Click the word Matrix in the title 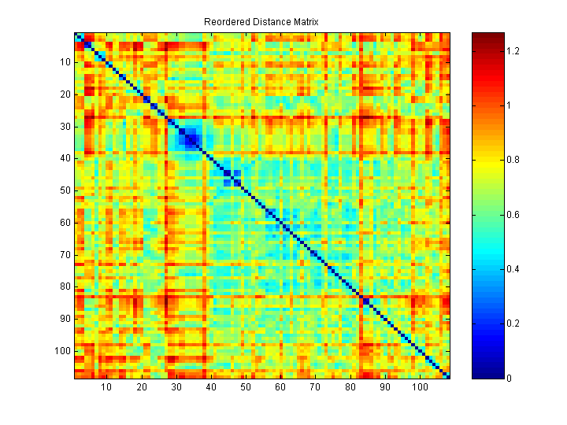[304, 22]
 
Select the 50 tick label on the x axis [246, 387]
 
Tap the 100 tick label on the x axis [420, 387]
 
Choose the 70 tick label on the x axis [315, 387]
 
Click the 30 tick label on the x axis [176, 387]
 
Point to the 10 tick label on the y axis [65, 62]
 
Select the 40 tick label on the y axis [65, 158]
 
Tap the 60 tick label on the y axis [65, 223]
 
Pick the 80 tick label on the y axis [65, 286]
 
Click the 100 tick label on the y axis [63, 351]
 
